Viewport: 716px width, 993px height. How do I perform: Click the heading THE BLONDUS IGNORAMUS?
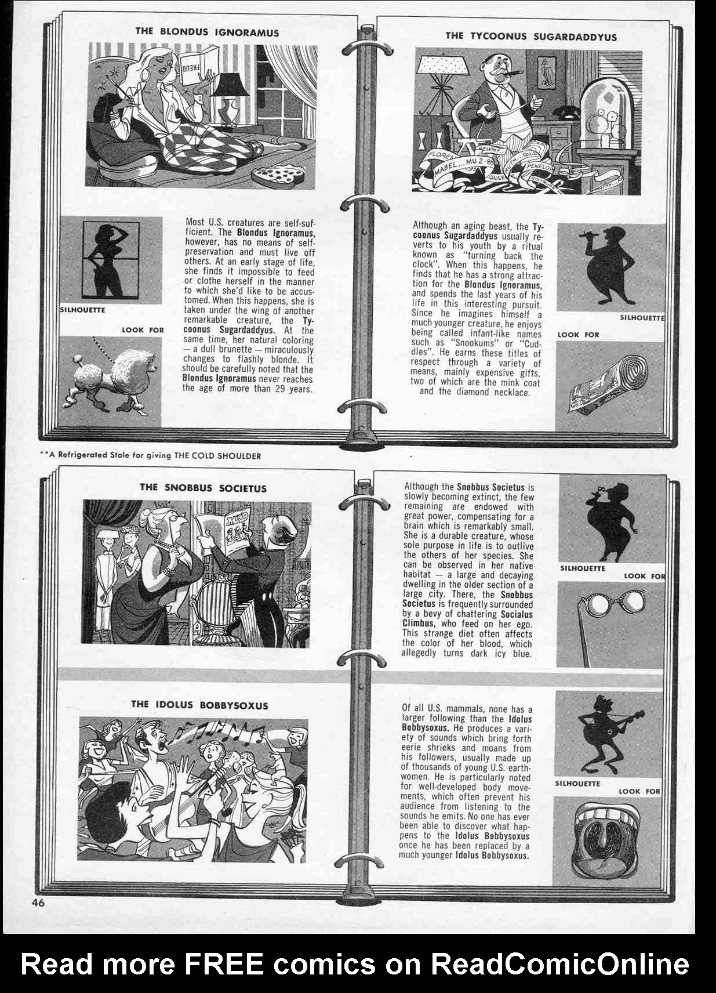[207, 32]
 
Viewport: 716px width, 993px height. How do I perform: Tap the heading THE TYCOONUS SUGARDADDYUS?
[530, 36]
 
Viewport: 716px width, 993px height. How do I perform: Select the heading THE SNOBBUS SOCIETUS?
[203, 488]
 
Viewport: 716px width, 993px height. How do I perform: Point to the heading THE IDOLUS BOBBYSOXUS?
[199, 705]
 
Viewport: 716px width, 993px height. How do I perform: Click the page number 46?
[38, 902]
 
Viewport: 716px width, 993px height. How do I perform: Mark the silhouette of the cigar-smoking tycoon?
[603, 267]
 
